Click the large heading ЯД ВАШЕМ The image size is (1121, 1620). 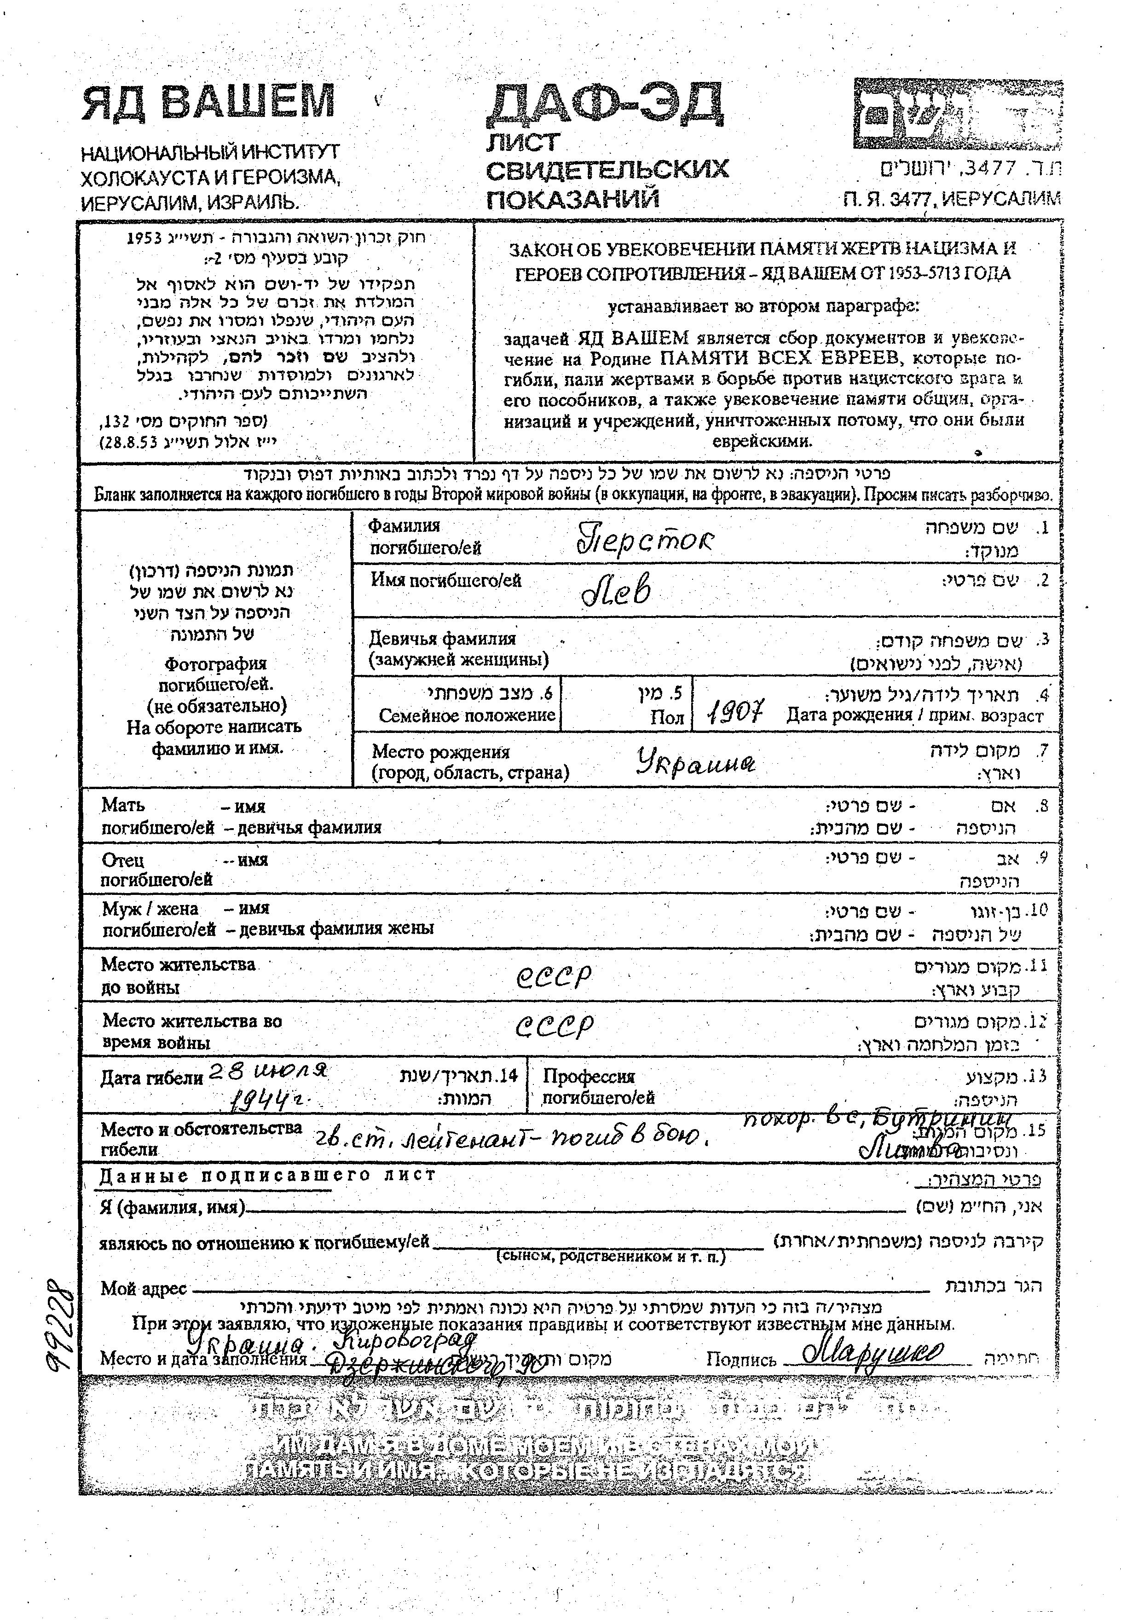(208, 103)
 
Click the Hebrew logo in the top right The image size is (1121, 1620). (957, 115)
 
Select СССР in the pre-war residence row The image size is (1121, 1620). (554, 976)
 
